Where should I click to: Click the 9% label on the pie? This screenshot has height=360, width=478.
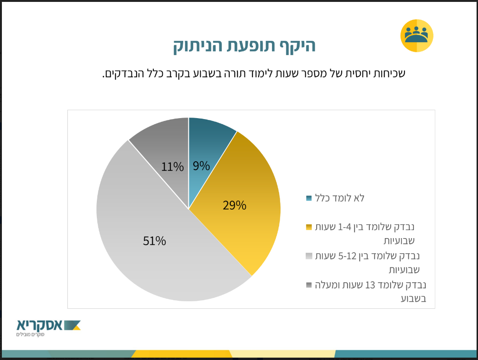pyautogui.click(x=201, y=166)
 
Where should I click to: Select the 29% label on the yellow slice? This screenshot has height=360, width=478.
pyautogui.click(x=234, y=205)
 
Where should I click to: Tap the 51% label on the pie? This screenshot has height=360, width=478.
pyautogui.click(x=154, y=241)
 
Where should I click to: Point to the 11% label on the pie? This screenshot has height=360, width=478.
pyautogui.click(x=172, y=167)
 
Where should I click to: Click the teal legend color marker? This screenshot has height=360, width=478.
pyautogui.click(x=309, y=198)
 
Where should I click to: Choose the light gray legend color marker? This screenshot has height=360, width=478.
pyautogui.click(x=309, y=256)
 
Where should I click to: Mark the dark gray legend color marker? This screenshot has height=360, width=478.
pyautogui.click(x=309, y=285)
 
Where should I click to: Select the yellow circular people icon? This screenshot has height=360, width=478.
pyautogui.click(x=417, y=36)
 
